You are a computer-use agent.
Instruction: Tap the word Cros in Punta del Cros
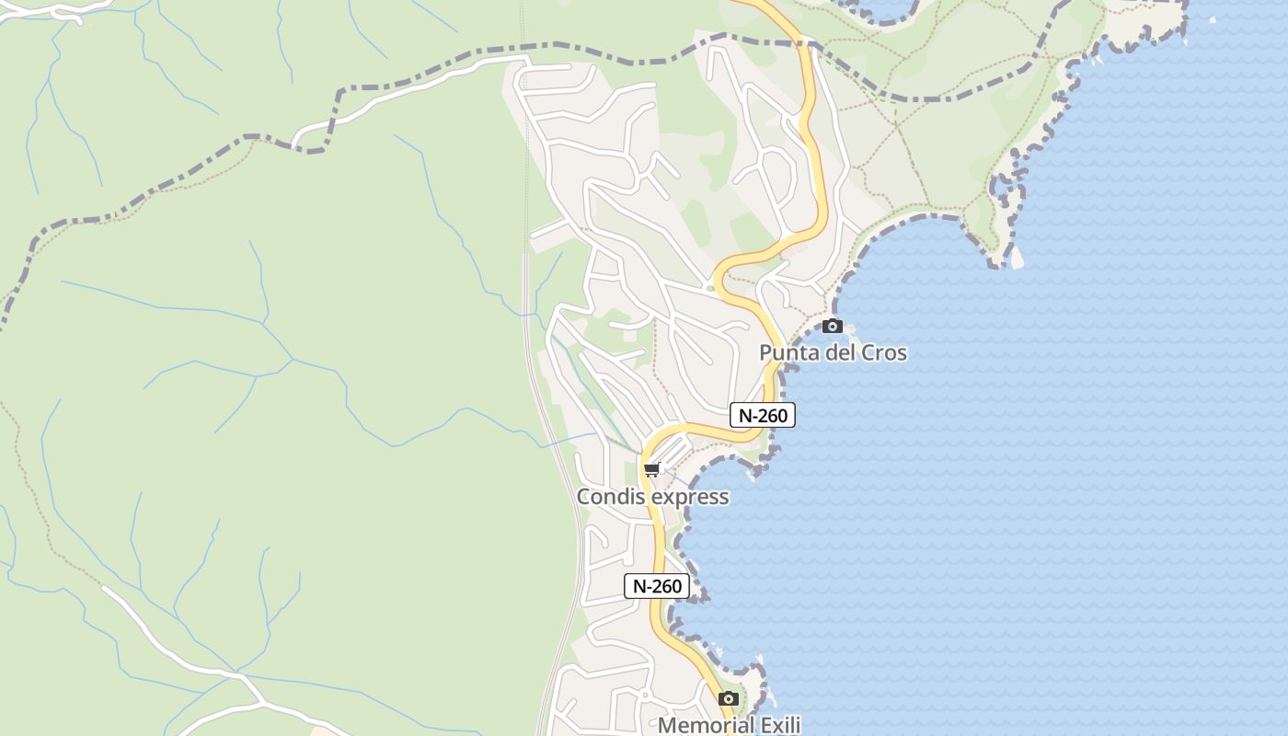pos(881,352)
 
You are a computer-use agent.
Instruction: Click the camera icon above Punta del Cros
pos(833,326)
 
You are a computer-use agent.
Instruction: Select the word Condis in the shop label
pos(608,497)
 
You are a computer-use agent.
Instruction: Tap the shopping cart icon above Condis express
pos(652,470)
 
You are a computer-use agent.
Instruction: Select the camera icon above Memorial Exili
pos(729,699)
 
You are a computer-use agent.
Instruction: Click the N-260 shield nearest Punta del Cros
pos(763,415)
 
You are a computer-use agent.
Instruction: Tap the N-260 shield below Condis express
pos(657,586)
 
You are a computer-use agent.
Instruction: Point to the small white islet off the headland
pos(1017,259)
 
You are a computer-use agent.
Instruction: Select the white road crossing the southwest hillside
pos(175,644)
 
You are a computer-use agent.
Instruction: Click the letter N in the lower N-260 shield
pos(639,586)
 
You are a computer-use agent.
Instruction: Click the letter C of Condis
pos(583,497)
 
